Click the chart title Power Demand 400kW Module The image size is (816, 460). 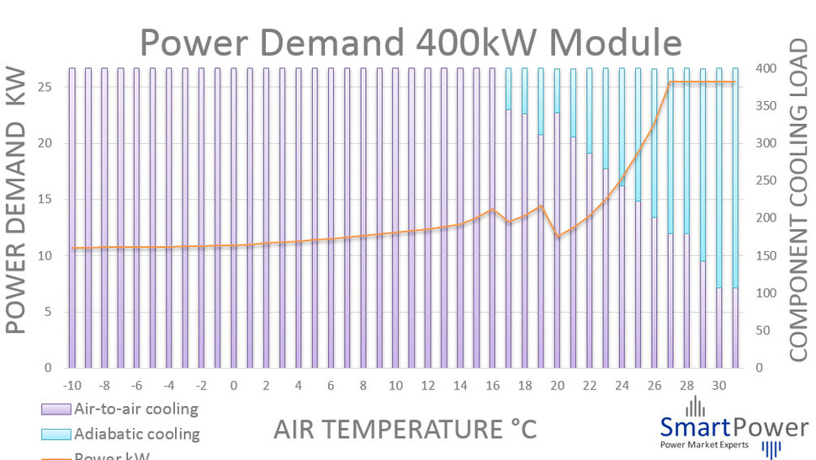410,40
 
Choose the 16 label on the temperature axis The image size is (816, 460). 493,386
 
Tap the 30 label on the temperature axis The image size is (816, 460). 719,386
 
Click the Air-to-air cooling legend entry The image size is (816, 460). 135,409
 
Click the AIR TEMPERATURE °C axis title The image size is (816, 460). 404,429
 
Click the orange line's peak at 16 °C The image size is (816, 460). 493,210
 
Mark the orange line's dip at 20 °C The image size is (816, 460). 558,237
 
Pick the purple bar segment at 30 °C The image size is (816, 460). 719,329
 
